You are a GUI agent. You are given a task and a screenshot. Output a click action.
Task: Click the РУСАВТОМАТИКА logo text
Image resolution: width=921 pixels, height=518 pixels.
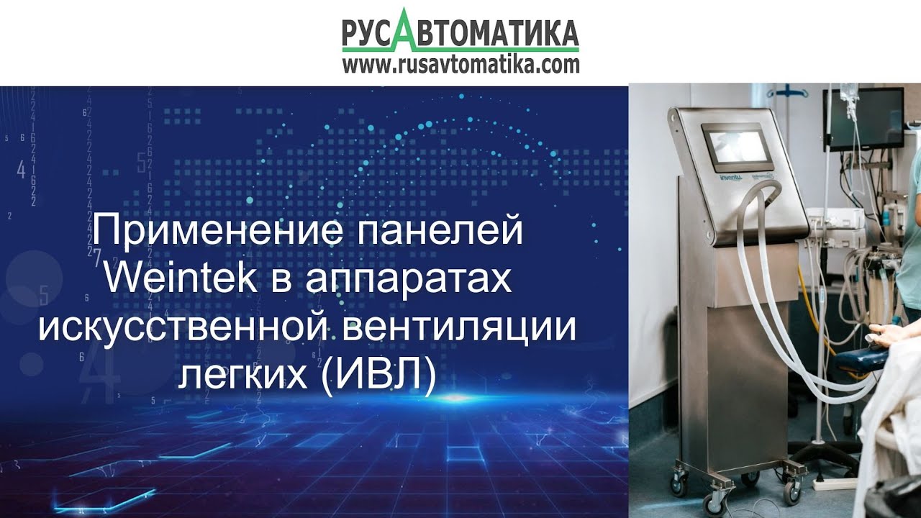(460, 33)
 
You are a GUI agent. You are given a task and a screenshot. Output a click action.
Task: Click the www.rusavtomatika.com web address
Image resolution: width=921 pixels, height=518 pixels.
(460, 65)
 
